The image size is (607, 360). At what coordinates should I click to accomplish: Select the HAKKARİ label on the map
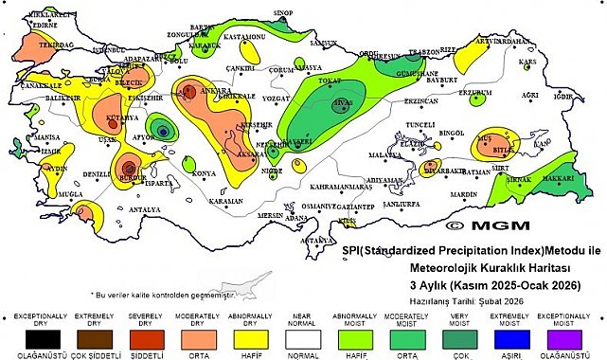(562, 177)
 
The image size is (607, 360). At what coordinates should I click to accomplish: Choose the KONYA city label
(204, 173)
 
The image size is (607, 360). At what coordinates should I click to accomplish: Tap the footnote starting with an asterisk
(162, 295)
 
